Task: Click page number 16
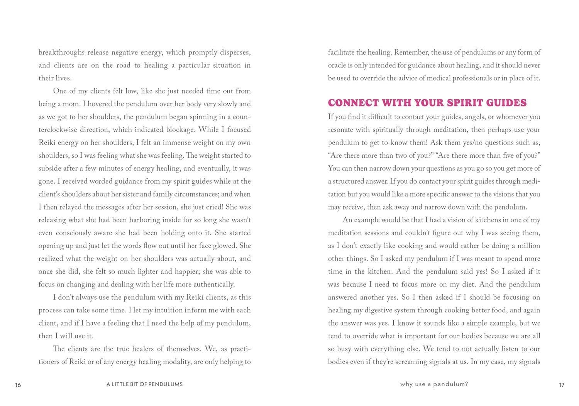coord(18,385)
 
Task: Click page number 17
coord(561,385)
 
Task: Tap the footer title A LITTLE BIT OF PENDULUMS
coord(144,384)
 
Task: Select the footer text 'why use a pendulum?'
coord(434,384)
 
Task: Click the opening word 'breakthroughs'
coord(61,52)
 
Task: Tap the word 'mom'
coord(72,104)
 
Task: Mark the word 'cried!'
coord(213,207)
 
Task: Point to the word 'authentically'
coord(214,285)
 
